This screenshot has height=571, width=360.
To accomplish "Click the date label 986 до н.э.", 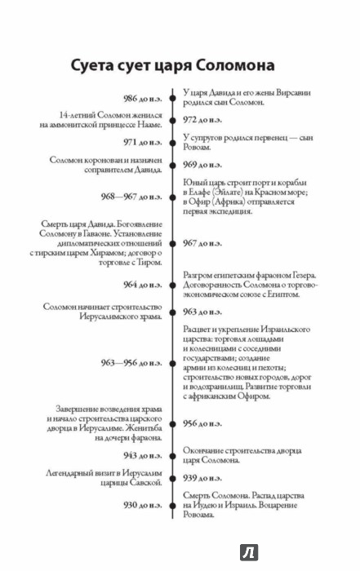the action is click(x=143, y=99).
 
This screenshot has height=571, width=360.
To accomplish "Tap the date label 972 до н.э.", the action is click(x=202, y=120).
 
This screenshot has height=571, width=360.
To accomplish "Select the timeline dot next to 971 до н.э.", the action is click(x=173, y=143).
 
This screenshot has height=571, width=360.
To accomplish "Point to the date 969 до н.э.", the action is click(x=202, y=165).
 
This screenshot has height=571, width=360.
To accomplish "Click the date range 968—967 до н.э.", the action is click(x=131, y=197).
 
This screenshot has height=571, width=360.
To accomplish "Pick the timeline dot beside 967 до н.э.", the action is click(x=173, y=243).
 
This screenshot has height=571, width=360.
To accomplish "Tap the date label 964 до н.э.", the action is click(x=143, y=285).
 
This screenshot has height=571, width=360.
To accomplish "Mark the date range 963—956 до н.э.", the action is click(x=131, y=363).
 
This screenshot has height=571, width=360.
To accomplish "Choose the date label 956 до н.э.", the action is click(x=202, y=423).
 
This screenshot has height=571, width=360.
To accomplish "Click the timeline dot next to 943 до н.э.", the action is click(x=173, y=456).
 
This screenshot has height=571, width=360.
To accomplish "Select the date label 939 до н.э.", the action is click(x=202, y=478).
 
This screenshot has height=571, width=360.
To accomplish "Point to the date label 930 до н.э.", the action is click(x=143, y=505).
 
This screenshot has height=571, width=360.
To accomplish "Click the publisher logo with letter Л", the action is click(x=249, y=552).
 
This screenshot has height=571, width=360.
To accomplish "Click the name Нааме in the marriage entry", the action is click(x=150, y=125).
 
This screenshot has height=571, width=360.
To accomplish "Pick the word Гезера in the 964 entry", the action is click(x=304, y=276).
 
